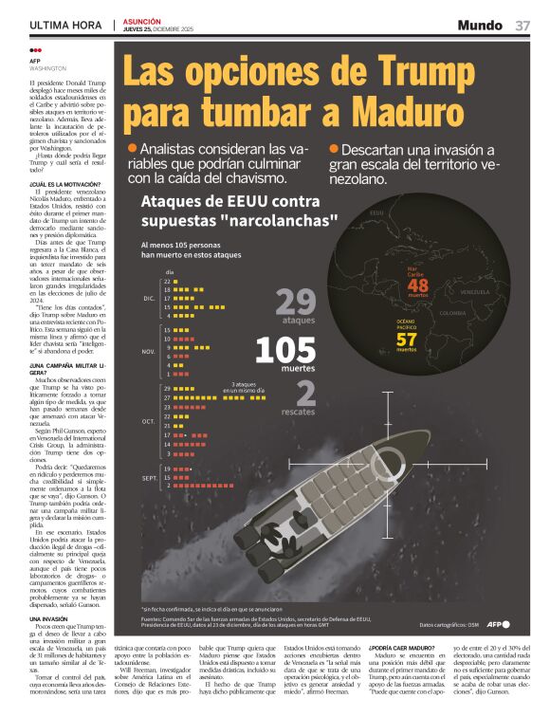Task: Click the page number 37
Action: coord(522,25)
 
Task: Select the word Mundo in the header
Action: coord(480,25)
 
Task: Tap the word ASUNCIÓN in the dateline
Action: coord(141,20)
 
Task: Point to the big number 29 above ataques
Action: coord(295,302)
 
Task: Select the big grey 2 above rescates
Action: coord(305,393)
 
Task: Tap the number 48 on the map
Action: coord(417,285)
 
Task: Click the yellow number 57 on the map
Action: coord(406,339)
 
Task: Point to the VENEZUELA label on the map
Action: coord(474,292)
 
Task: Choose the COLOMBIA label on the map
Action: coord(452,313)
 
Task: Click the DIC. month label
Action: coord(149,298)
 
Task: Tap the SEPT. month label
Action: coord(149,477)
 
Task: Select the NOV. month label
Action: coord(148,351)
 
